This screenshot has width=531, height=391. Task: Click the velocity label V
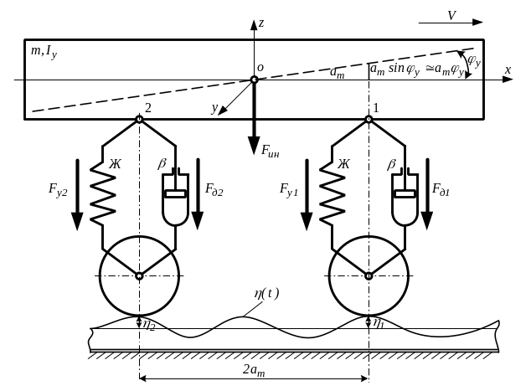(x=452, y=16)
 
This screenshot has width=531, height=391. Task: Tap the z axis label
(x=260, y=23)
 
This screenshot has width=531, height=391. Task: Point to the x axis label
(x=508, y=70)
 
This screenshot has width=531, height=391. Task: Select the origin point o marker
(x=254, y=80)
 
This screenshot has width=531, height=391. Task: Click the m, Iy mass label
(x=44, y=52)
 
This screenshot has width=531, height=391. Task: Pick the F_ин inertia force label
(x=270, y=151)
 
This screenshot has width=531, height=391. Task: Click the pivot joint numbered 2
(x=139, y=119)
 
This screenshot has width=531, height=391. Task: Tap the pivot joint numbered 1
(x=369, y=119)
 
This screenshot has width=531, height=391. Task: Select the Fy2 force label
(x=58, y=189)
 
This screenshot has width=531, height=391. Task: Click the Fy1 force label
(x=289, y=189)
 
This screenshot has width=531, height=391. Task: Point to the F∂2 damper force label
(x=214, y=189)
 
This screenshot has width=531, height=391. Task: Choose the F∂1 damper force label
(x=441, y=189)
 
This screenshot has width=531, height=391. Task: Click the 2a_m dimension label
(x=254, y=370)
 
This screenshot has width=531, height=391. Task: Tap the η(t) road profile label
(x=266, y=294)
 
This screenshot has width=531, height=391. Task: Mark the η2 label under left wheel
(x=149, y=325)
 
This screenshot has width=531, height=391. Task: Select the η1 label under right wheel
(x=379, y=323)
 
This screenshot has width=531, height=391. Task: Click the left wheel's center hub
(x=139, y=276)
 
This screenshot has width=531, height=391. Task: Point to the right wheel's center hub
(x=369, y=276)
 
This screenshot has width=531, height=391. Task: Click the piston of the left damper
(x=175, y=193)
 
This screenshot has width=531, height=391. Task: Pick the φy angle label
(x=474, y=60)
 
